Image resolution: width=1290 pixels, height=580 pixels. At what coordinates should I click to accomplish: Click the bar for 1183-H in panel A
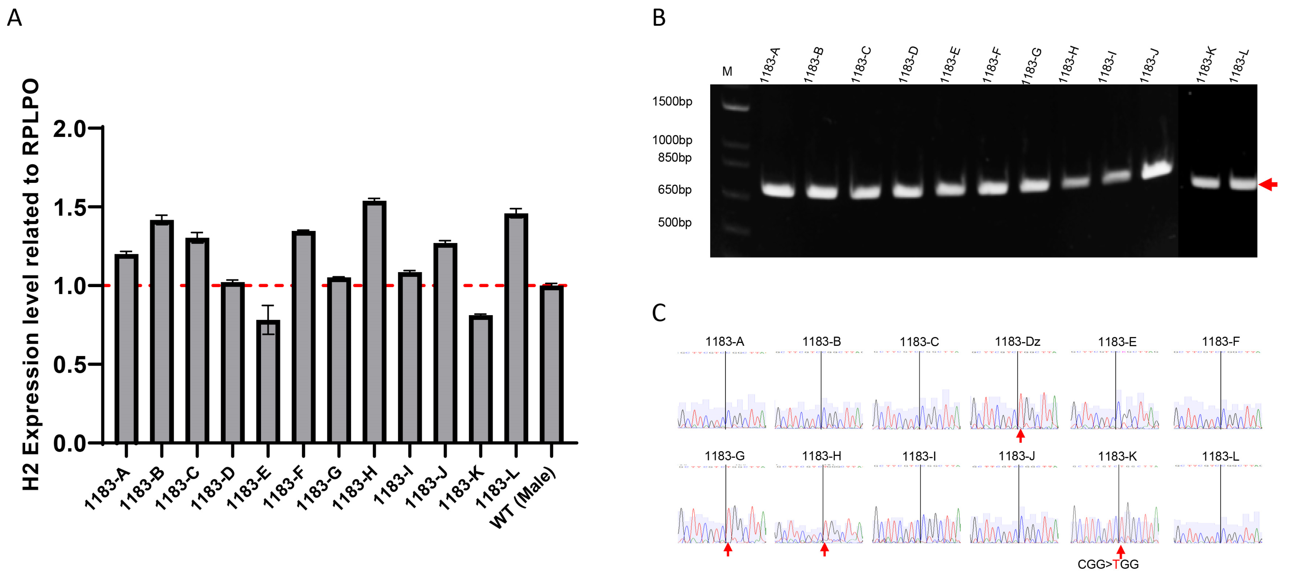(x=374, y=321)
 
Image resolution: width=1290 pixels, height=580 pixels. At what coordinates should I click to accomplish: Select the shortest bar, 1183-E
(x=268, y=381)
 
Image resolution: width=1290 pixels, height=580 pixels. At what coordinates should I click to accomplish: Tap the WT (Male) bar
(x=551, y=363)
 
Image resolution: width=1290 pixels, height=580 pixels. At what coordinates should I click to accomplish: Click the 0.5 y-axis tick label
(x=69, y=364)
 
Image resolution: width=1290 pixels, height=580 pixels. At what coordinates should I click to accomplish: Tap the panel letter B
(x=659, y=18)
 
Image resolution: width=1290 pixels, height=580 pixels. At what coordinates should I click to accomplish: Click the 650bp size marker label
(x=674, y=190)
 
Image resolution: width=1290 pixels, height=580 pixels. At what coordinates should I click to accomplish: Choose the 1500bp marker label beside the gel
(x=672, y=101)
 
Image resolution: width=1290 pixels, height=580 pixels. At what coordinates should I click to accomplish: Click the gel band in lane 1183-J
(x=1156, y=169)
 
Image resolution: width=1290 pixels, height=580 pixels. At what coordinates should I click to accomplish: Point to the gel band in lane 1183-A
(x=778, y=190)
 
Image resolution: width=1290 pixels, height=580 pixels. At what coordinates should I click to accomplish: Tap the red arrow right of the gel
(x=1268, y=184)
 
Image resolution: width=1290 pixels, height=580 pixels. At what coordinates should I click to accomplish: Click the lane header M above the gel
(x=727, y=72)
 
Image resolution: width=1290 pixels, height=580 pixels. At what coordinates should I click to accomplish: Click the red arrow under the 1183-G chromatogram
(x=728, y=550)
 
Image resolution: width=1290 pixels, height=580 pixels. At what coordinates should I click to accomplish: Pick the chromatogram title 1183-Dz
(x=1017, y=341)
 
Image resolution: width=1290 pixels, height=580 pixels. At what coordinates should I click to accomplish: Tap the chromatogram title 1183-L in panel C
(x=1221, y=456)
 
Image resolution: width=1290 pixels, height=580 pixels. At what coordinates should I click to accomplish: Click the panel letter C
(x=659, y=313)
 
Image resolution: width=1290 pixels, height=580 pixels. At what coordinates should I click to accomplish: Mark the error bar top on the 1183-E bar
(x=268, y=305)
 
